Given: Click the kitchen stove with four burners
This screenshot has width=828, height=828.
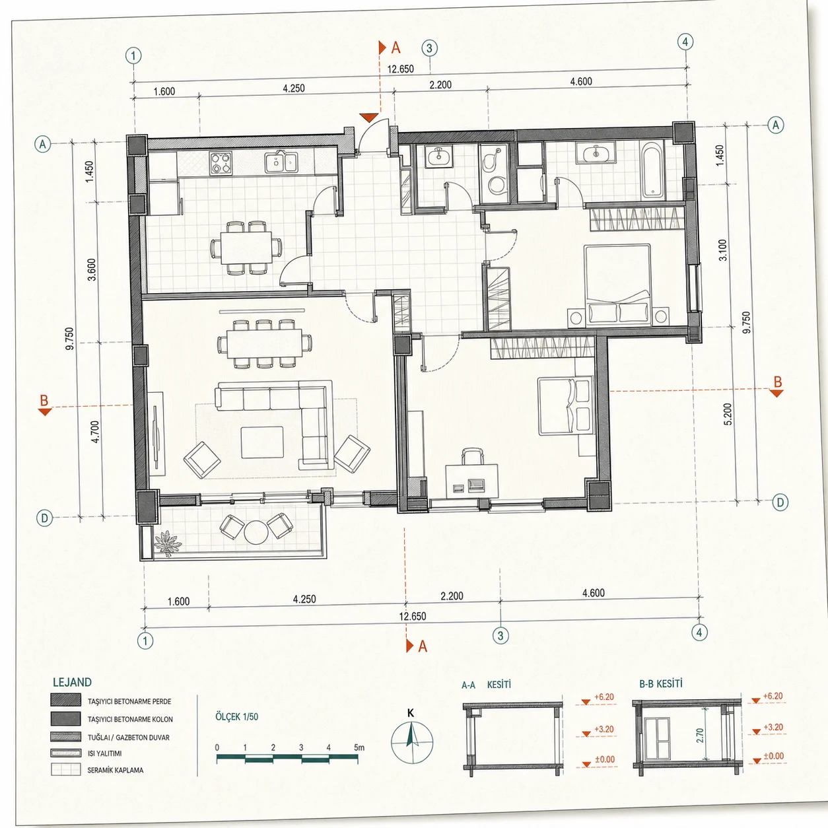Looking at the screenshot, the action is pyautogui.click(x=221, y=163).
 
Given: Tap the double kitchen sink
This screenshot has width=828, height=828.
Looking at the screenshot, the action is pyautogui.click(x=281, y=162).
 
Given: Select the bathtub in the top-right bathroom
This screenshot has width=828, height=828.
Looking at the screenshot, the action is pyautogui.click(x=652, y=170).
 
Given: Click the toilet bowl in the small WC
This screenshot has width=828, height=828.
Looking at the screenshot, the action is pyautogui.click(x=497, y=185).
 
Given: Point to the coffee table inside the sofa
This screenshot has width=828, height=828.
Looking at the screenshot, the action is pyautogui.click(x=262, y=442).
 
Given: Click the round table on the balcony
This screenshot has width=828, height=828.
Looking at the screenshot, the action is pyautogui.click(x=256, y=532).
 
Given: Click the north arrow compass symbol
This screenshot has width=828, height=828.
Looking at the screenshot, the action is pyautogui.click(x=412, y=743).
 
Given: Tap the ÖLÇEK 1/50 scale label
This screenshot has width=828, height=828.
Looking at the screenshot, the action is pyautogui.click(x=237, y=716).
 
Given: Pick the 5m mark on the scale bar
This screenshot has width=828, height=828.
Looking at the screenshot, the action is pyautogui.click(x=359, y=747).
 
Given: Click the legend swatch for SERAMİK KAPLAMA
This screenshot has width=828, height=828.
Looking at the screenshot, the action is pyautogui.click(x=66, y=769).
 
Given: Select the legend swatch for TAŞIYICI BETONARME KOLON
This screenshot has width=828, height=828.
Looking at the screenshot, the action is pyautogui.click(x=66, y=718).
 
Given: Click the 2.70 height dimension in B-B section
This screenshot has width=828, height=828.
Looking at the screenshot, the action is pyautogui.click(x=701, y=735).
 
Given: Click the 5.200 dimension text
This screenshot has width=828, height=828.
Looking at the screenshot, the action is pyautogui.click(x=728, y=414).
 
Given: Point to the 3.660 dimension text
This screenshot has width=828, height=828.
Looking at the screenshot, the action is pyautogui.click(x=92, y=269).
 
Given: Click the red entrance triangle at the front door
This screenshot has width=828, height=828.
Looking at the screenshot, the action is pyautogui.click(x=369, y=118).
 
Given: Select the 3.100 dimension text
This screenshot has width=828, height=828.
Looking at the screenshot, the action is pyautogui.click(x=723, y=250).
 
